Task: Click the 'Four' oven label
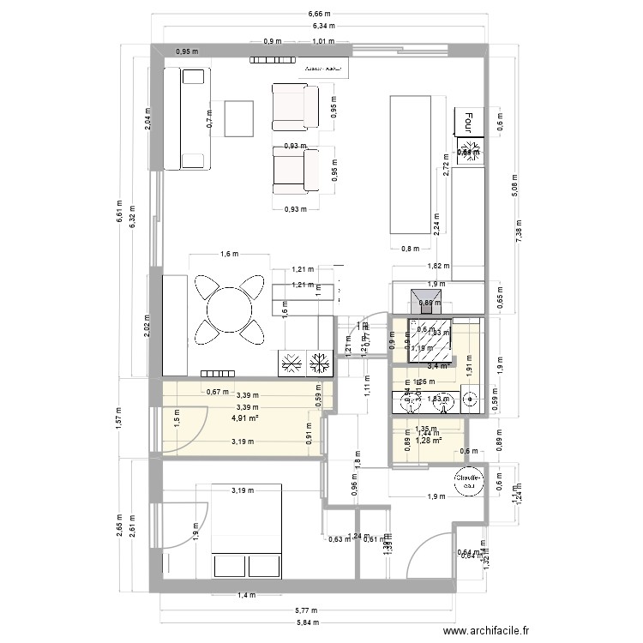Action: click(468, 123)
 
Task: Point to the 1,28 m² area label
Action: click(428, 442)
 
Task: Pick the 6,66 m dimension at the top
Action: click(321, 15)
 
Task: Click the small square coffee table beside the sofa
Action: click(239, 117)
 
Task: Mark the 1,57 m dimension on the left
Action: click(120, 418)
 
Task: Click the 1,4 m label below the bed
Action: click(246, 594)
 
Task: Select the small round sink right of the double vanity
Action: click(470, 397)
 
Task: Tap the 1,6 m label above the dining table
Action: click(228, 254)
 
